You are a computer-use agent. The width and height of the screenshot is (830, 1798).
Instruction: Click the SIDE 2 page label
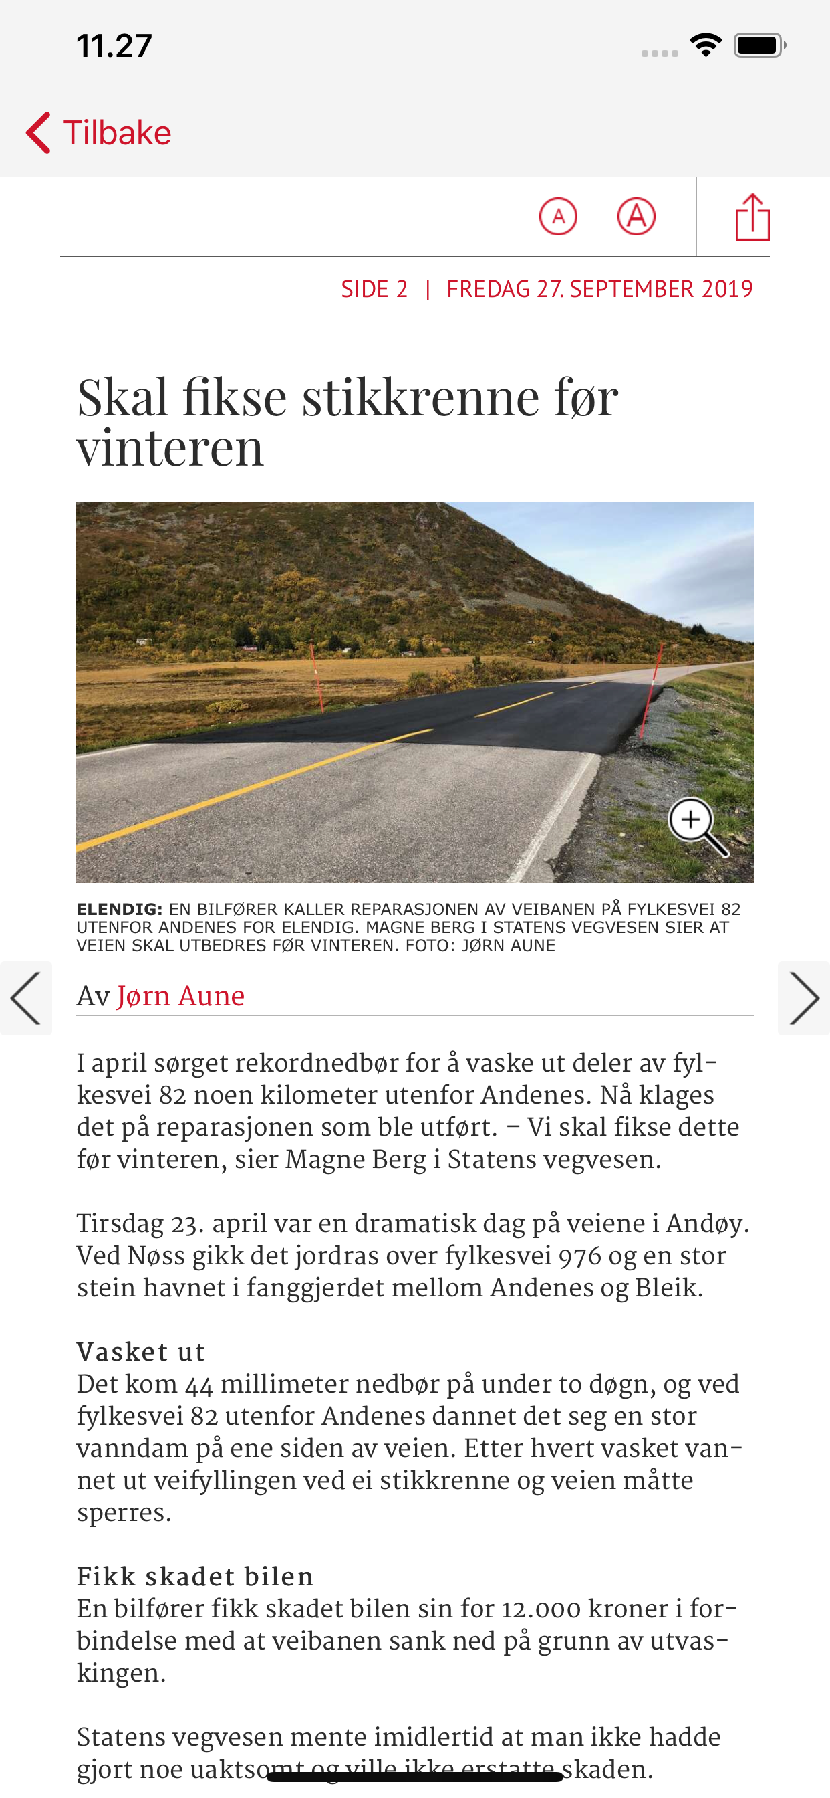point(374,289)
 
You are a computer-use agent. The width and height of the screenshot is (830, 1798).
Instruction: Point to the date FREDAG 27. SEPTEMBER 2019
point(599,289)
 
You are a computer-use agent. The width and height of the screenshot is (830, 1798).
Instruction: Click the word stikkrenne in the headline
point(420,398)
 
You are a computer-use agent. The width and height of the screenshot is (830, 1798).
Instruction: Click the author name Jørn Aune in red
point(180,996)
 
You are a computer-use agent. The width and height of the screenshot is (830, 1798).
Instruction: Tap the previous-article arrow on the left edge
point(26,998)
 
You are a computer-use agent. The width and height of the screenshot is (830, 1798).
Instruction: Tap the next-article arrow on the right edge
point(803,998)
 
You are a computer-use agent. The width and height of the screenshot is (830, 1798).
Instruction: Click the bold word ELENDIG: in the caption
point(119,909)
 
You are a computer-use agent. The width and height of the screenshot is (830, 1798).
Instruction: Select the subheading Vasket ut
point(141,1352)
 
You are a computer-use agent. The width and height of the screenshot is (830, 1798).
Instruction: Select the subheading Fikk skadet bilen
point(195,1577)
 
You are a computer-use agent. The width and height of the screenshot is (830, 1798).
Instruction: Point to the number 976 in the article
point(579,1256)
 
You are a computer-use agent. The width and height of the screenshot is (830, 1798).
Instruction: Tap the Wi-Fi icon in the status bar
point(705,46)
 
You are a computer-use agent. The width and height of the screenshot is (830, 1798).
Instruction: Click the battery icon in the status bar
point(759,46)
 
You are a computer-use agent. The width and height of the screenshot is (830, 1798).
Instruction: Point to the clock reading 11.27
point(114,46)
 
